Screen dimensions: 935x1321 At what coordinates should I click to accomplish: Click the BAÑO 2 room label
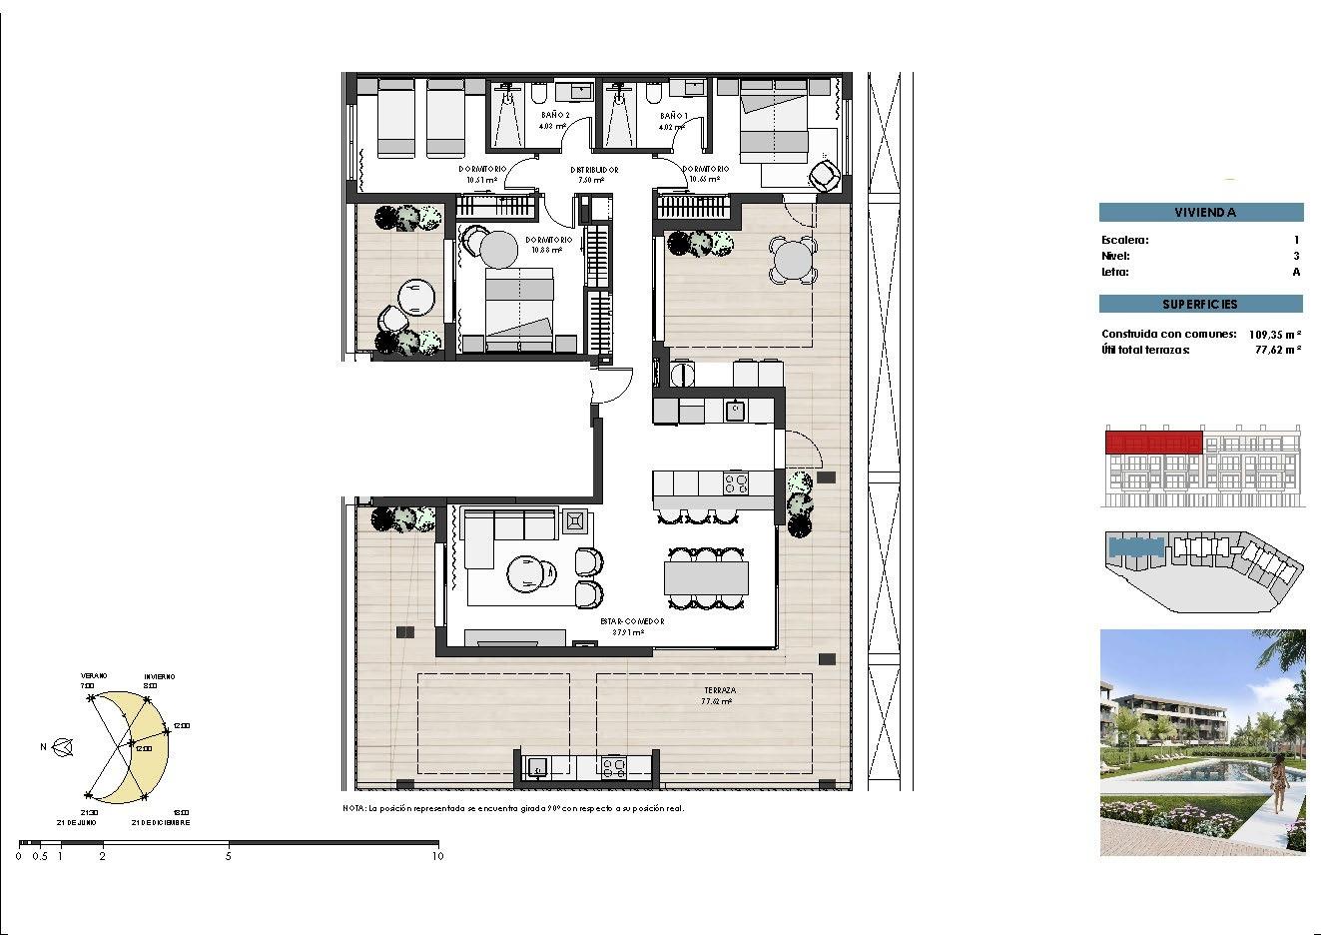coord(554,115)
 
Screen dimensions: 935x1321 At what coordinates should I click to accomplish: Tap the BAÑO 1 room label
coord(672,115)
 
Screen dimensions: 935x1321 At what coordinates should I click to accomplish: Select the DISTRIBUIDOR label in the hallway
coord(595,170)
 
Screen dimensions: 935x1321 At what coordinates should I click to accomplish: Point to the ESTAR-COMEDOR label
coord(632,620)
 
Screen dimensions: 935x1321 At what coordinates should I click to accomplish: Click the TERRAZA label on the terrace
coord(719,690)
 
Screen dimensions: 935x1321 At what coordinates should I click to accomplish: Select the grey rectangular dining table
coord(706,577)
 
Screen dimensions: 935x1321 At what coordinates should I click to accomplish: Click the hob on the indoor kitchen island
coord(736,484)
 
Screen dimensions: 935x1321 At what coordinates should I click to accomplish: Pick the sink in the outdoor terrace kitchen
coord(537,767)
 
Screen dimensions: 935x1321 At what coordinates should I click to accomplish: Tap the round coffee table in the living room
coord(526,575)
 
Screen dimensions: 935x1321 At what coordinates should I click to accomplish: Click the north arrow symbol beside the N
coord(64,745)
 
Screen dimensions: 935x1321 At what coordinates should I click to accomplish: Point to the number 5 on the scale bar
coord(229,855)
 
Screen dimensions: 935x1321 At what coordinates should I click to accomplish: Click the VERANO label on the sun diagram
coord(95,675)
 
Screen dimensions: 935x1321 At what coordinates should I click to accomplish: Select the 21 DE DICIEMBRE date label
coord(160,822)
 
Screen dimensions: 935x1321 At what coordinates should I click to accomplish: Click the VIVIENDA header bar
coord(1201,212)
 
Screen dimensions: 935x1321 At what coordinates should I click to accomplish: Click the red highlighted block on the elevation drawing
coord(1153,441)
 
